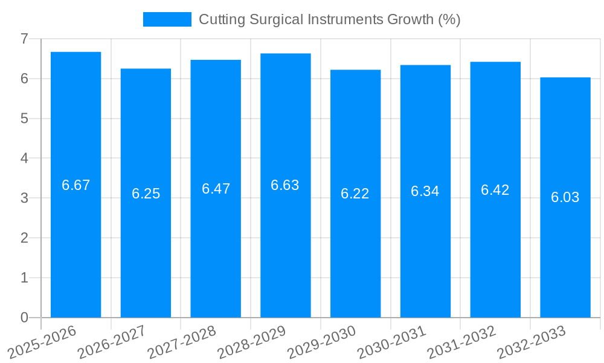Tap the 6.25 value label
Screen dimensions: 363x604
pos(146,194)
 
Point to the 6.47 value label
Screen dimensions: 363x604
pos(216,189)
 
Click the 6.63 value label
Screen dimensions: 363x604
pos(285,185)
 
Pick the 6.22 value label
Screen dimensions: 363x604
pos(355,194)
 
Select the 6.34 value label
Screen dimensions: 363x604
pos(425,191)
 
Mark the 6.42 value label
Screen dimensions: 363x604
pos(495,190)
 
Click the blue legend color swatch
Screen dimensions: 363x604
pos(167,19)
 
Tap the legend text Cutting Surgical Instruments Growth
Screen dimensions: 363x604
pos(330,19)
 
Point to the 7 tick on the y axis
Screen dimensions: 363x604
pos(24,39)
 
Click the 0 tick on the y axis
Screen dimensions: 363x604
pos(24,318)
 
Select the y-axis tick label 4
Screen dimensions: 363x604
pos(24,159)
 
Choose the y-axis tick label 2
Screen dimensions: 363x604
pos(24,238)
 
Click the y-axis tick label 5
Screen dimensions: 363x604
pos(24,119)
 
